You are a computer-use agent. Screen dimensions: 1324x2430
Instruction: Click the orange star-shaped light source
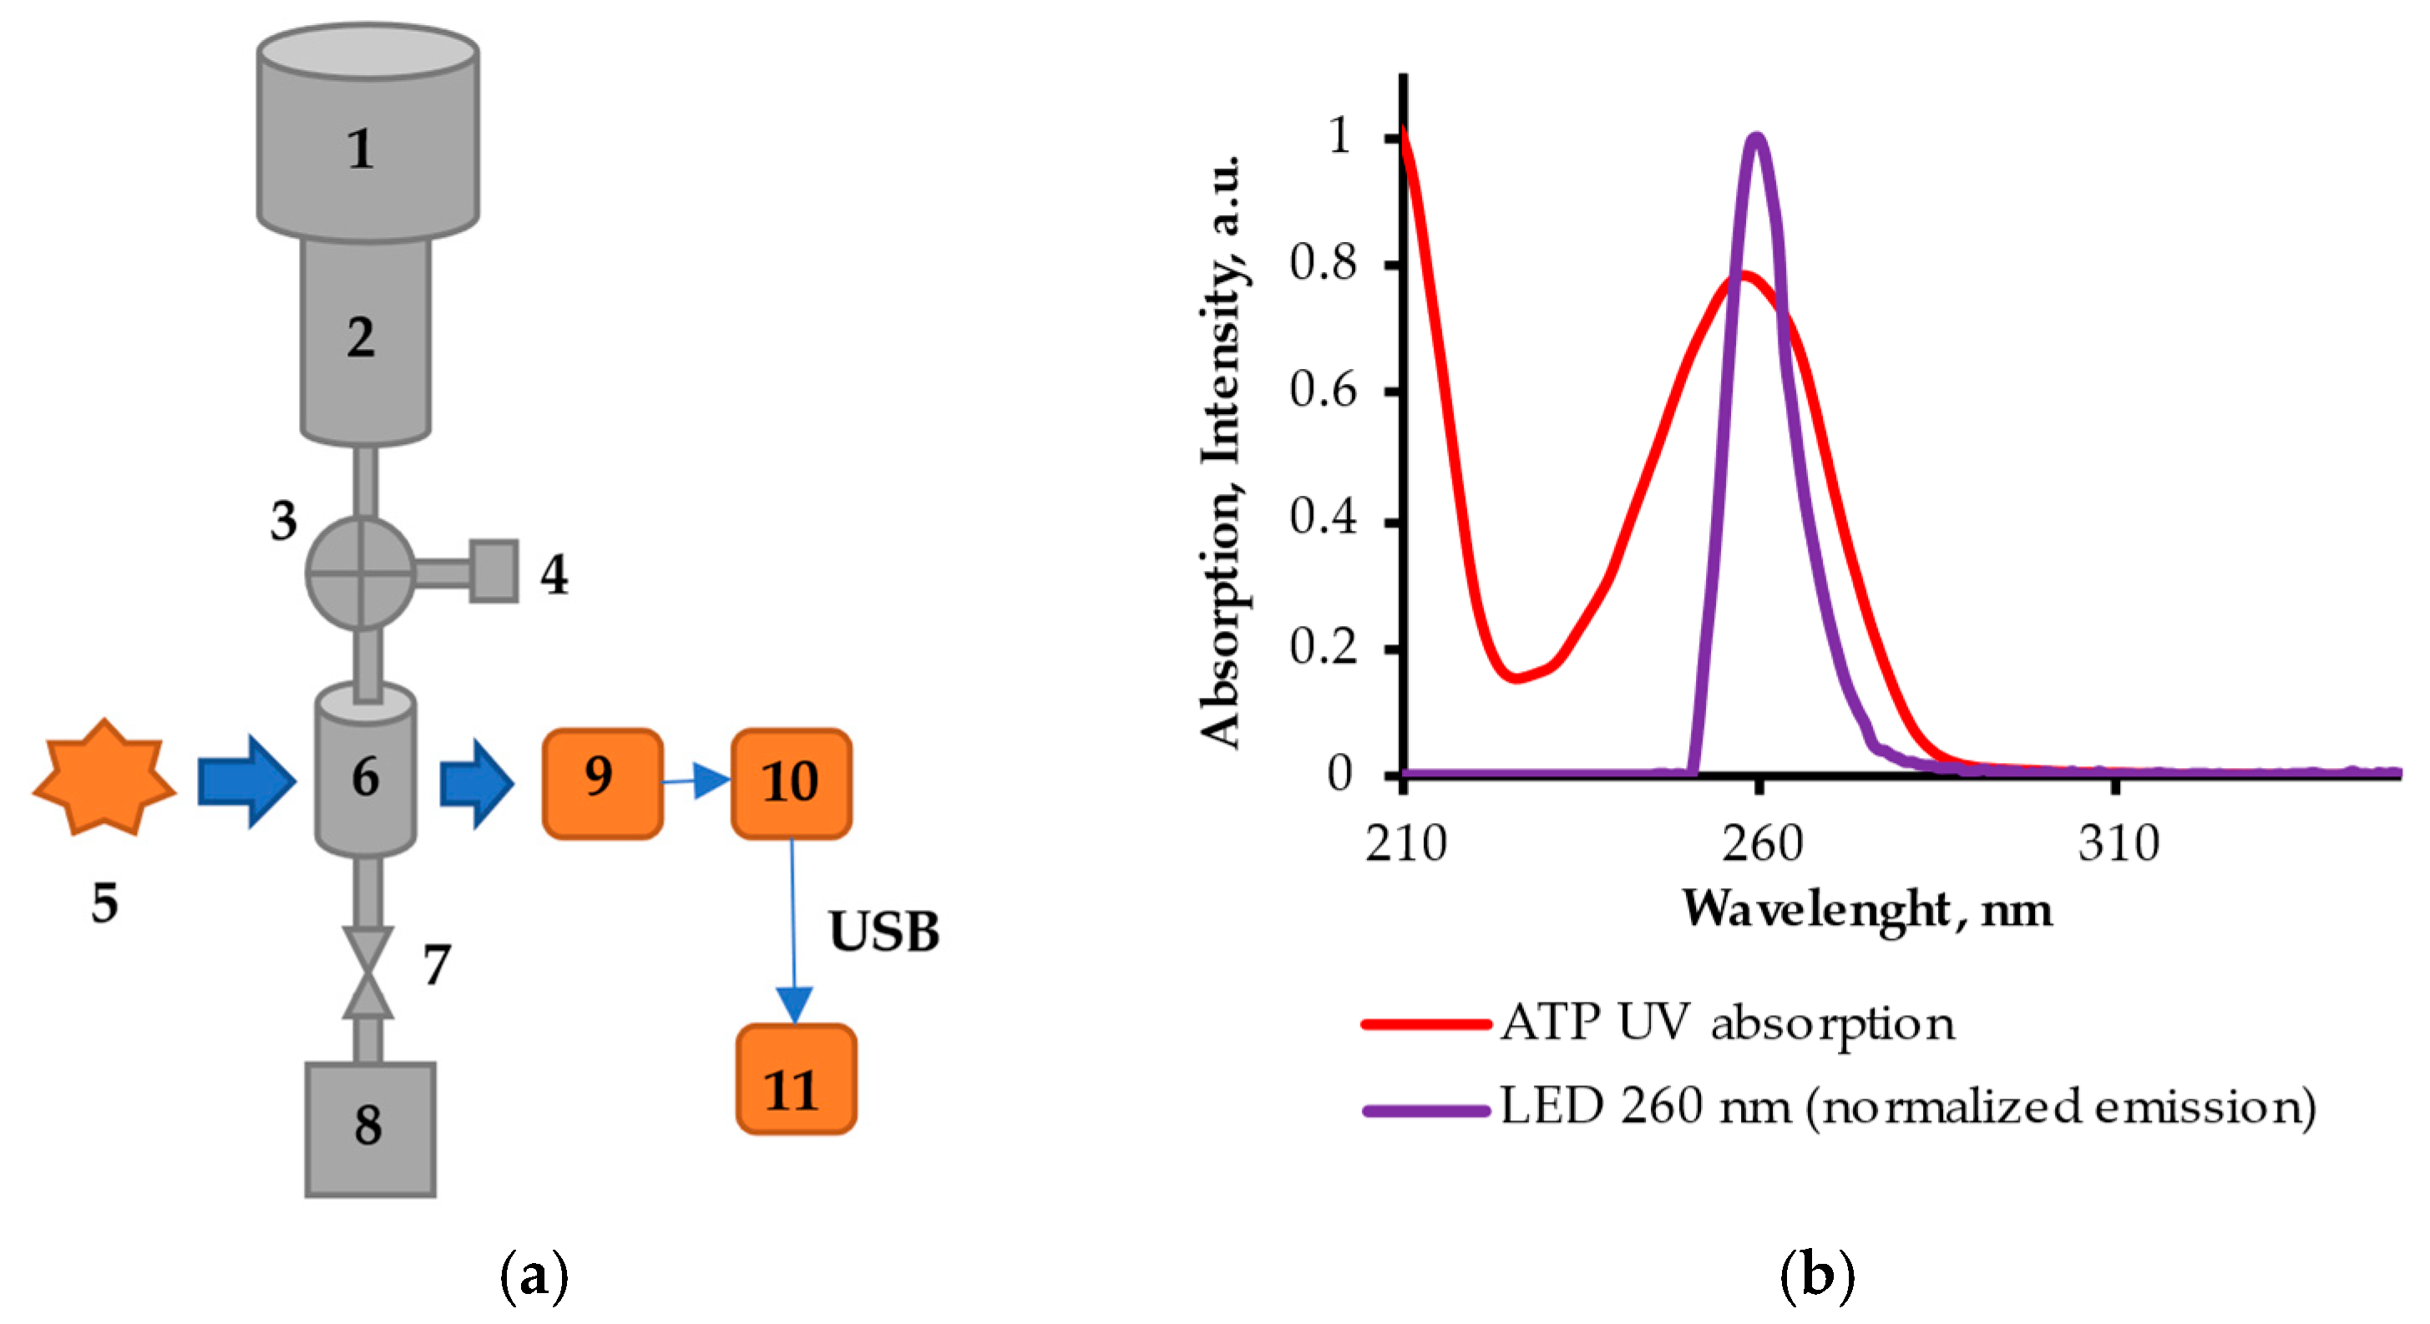point(104,779)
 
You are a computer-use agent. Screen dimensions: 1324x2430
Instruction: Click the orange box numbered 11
point(795,1078)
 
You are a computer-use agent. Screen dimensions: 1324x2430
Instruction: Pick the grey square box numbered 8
point(370,1129)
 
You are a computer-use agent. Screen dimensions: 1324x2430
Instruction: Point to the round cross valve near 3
point(362,572)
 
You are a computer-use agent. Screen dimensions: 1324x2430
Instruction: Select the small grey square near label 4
point(494,570)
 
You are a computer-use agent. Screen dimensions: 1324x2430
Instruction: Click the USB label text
point(883,932)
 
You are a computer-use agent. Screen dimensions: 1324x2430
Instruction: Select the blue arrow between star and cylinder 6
point(246,781)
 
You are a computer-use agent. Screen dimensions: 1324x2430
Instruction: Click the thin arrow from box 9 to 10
point(696,781)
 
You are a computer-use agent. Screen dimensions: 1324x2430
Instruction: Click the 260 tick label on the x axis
point(1760,843)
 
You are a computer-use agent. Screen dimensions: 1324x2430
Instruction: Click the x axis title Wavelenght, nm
point(1867,909)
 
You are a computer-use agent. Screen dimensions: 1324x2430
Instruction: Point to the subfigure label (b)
point(1816,1275)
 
